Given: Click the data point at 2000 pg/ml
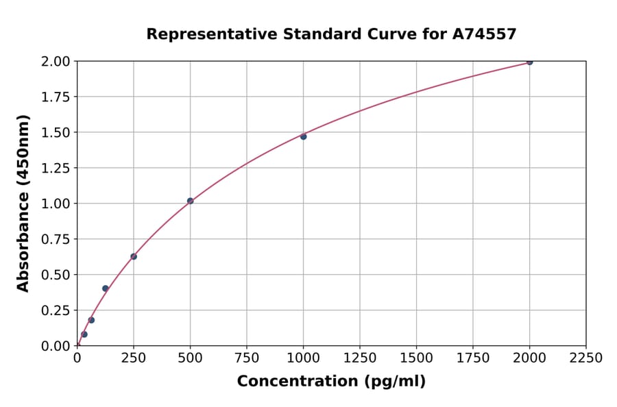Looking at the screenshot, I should (x=529, y=62).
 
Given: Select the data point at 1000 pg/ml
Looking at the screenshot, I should (x=303, y=136).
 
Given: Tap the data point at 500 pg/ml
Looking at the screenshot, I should (x=190, y=201).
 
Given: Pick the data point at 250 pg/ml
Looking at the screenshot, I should (x=134, y=256).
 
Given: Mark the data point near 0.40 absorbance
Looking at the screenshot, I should (x=105, y=288).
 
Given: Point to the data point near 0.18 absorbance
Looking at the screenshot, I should (x=91, y=320).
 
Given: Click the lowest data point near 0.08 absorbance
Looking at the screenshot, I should (x=84, y=334).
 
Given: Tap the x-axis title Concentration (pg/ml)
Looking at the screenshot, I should (x=331, y=382).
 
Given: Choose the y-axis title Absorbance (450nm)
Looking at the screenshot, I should (x=23, y=203).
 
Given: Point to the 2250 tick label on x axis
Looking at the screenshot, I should (x=586, y=358).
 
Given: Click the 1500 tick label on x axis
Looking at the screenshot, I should (x=416, y=358).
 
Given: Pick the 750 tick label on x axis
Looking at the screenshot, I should (x=247, y=358).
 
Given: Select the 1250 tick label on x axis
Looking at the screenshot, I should (x=360, y=358).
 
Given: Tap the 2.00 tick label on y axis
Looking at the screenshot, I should (x=56, y=62).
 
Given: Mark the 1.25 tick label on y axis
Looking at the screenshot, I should (x=56, y=168).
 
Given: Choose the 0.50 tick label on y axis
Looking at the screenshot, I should (x=56, y=275).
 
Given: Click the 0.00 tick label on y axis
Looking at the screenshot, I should (x=56, y=346).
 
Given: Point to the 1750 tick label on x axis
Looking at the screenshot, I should (x=473, y=358).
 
